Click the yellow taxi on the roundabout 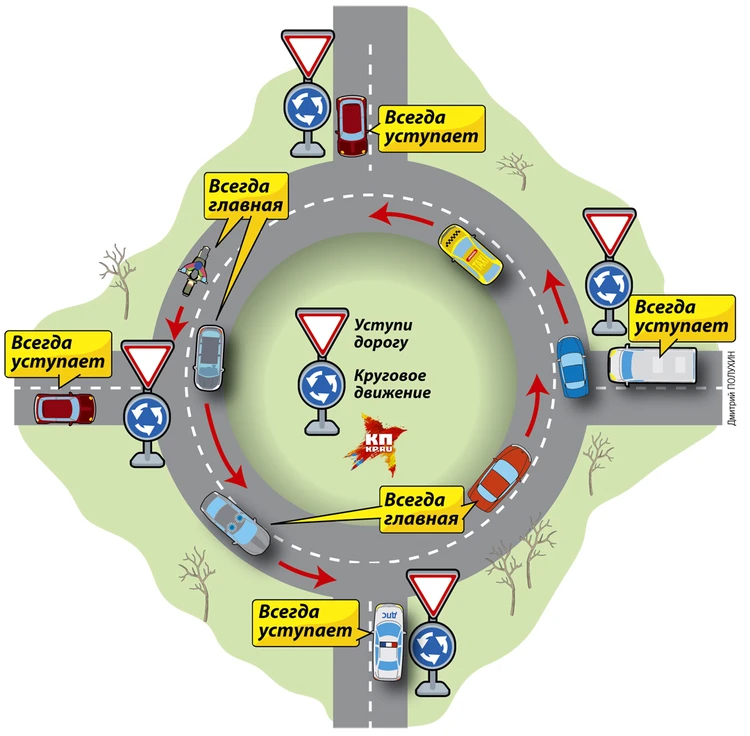[x=470, y=253]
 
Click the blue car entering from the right [x=572, y=367]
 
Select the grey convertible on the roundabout [x=236, y=522]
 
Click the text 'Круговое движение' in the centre [x=391, y=385]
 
